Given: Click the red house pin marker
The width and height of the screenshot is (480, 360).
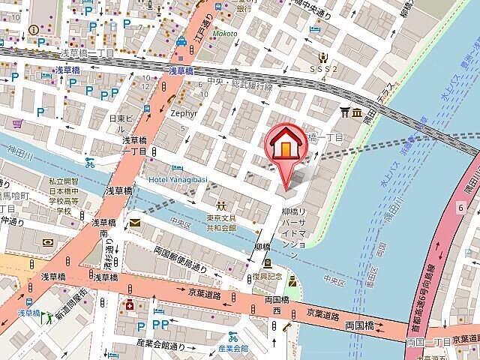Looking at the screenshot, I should [x=285, y=146].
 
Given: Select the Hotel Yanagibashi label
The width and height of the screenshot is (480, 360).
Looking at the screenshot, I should [x=178, y=179].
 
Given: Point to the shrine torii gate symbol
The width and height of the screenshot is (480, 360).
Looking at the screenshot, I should [x=346, y=112].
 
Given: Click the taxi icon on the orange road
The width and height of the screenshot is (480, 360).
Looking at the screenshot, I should [x=181, y=44].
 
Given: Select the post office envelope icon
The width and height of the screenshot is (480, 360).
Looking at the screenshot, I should [x=134, y=223].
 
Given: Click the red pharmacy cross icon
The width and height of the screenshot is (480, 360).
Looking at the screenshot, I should [x=130, y=307].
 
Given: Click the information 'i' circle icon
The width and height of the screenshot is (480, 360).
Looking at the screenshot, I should [x=34, y=30].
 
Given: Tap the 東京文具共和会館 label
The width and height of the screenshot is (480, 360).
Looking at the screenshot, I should [x=222, y=222].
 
